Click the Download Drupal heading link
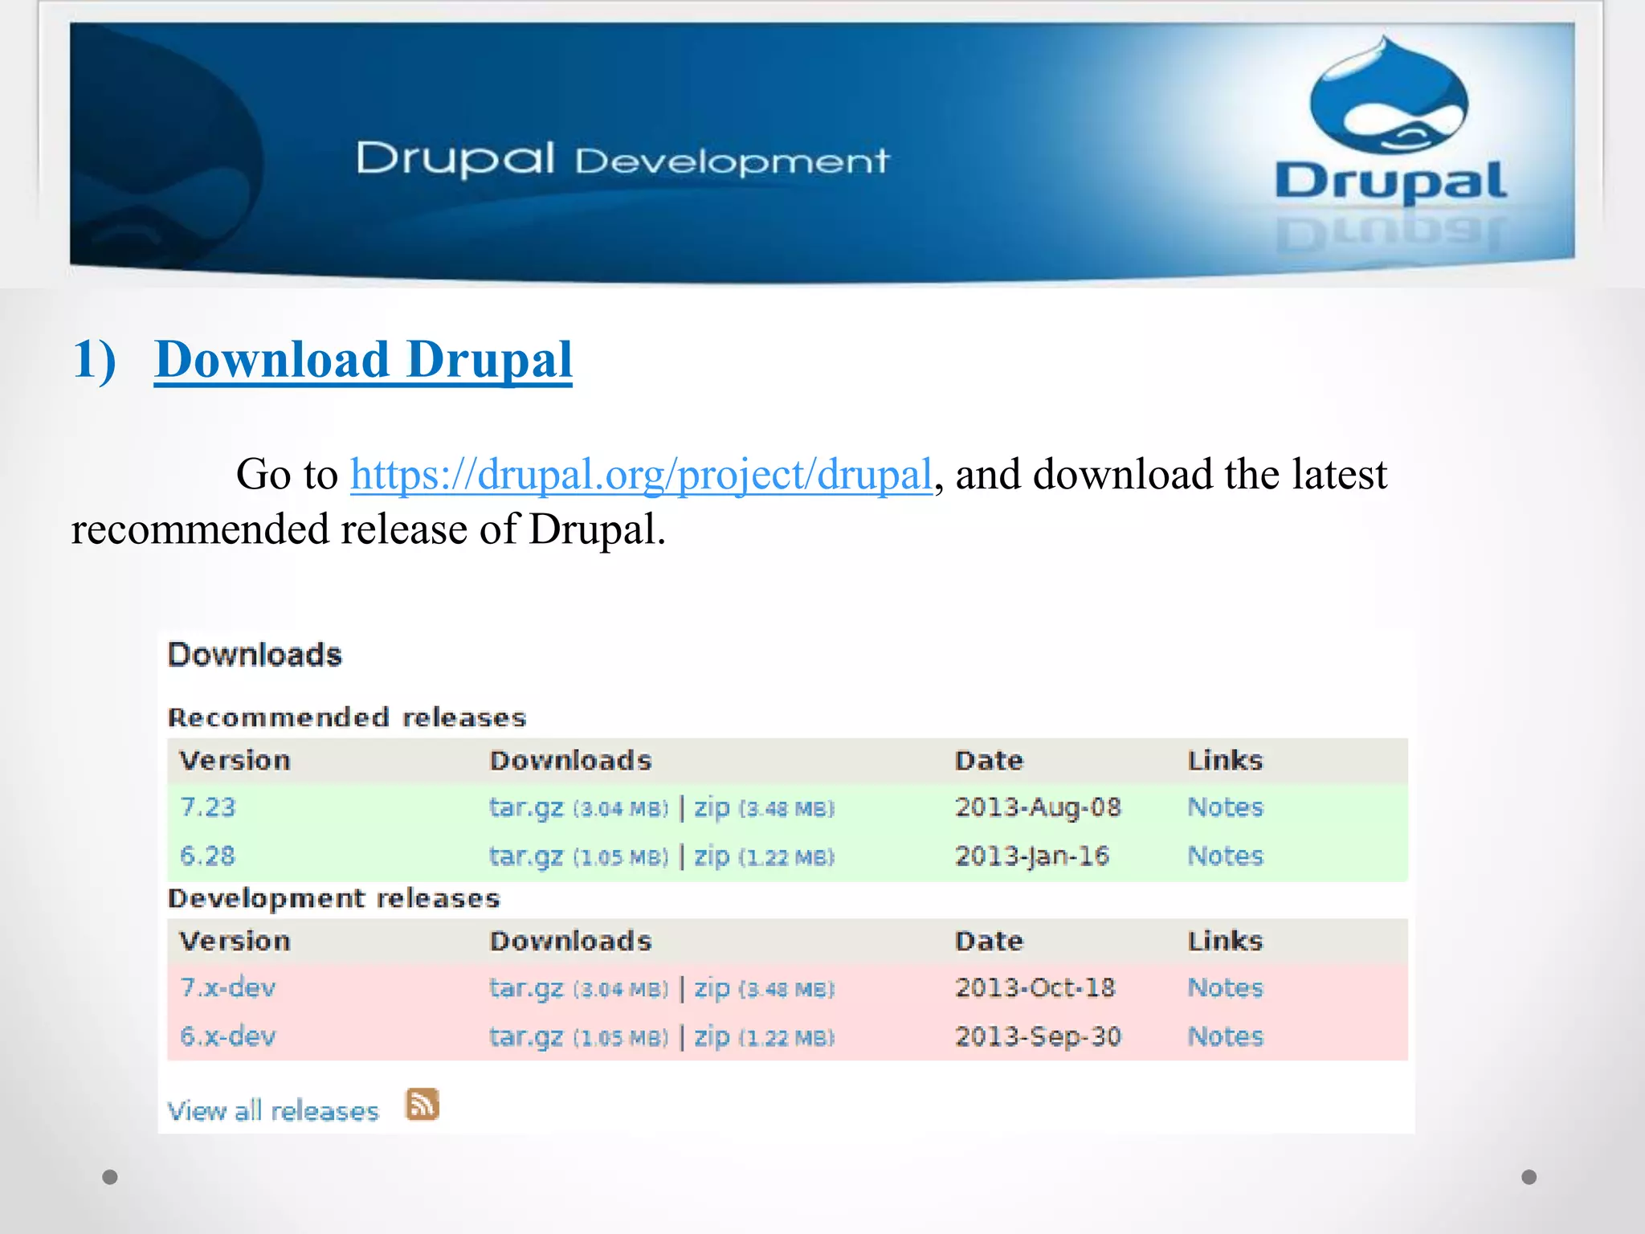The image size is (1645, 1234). click(x=363, y=359)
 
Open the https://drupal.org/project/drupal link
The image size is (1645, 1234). click(x=641, y=474)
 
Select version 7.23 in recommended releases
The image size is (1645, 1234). click(x=207, y=807)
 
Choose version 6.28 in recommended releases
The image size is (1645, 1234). click(x=207, y=856)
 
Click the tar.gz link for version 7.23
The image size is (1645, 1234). click(x=526, y=807)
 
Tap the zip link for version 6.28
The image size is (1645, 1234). click(x=712, y=856)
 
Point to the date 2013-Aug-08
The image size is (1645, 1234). click(x=1038, y=807)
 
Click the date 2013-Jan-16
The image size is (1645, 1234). click(x=1032, y=856)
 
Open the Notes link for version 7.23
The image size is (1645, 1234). click(x=1225, y=807)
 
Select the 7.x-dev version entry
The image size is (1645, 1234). click(x=227, y=987)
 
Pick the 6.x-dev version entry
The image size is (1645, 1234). click(x=227, y=1036)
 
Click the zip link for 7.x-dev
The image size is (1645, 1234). click(x=712, y=988)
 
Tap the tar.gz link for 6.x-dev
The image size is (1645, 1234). click(x=526, y=1037)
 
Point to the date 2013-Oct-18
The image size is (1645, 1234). click(x=1035, y=987)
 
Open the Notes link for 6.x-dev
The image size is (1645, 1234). click(x=1225, y=1036)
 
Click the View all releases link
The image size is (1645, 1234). click(x=273, y=1111)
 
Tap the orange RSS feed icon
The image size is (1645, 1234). click(x=422, y=1105)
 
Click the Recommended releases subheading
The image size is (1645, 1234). click(x=347, y=717)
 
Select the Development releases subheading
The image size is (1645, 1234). click(x=334, y=898)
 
